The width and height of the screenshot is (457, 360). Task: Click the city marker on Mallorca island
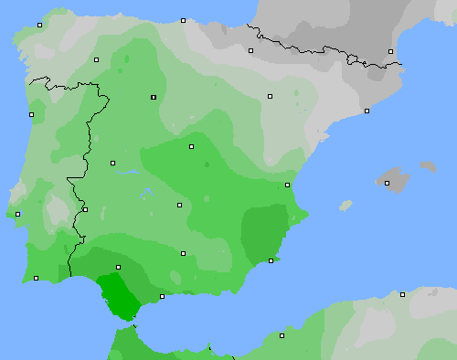(x=388, y=183)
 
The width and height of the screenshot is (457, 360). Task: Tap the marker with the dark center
(x=154, y=97)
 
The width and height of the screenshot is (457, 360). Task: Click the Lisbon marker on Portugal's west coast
(x=17, y=214)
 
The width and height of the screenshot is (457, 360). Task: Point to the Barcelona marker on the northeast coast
(x=367, y=111)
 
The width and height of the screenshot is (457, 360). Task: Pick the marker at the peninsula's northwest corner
(x=40, y=26)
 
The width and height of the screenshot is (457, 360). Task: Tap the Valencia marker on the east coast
(x=288, y=185)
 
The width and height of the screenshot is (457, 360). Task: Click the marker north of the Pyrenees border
(x=390, y=51)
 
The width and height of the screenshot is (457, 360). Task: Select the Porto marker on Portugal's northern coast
(x=31, y=114)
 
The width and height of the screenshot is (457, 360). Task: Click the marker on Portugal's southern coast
(x=37, y=279)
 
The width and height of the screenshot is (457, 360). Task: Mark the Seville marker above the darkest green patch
(x=118, y=268)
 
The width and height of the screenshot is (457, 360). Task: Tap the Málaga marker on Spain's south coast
(x=162, y=296)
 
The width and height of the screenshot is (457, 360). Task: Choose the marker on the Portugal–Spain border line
(x=85, y=209)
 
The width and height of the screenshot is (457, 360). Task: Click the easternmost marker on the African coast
(x=402, y=294)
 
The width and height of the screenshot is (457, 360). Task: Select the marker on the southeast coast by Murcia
(x=271, y=260)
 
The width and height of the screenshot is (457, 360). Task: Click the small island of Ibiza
(x=345, y=206)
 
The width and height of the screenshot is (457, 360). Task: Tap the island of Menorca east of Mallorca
(x=428, y=167)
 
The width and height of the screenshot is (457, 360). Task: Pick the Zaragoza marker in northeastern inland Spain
(x=270, y=96)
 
